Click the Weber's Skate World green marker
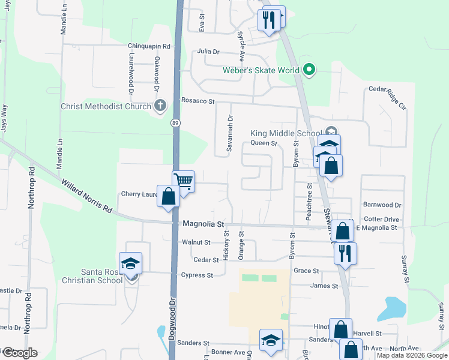(309, 70)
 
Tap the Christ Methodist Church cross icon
(160, 107)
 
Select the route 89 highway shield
(175, 123)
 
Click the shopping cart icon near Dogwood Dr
(183, 181)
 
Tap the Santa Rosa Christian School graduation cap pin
(130, 263)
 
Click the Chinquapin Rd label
(149, 46)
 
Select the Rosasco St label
(197, 101)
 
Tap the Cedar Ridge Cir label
(388, 98)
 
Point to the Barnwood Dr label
(382, 205)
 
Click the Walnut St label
(196, 242)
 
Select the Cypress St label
(197, 275)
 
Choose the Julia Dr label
(208, 52)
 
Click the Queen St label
(264, 143)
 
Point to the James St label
(324, 286)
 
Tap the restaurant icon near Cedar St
(345, 253)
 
